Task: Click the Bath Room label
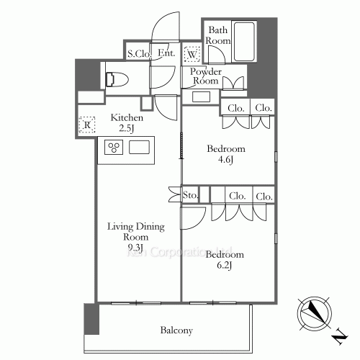tap(219, 36)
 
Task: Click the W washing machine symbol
tap(192, 55)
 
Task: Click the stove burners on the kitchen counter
tap(114, 148)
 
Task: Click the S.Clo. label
tap(138, 53)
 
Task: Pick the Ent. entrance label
tap(166, 53)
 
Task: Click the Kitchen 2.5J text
tap(126, 123)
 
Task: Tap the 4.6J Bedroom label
tap(226, 154)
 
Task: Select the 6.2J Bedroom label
tap(224, 261)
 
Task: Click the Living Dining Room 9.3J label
tap(136, 238)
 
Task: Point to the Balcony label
tap(176, 330)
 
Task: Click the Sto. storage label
tap(191, 195)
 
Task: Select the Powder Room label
tap(206, 77)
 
